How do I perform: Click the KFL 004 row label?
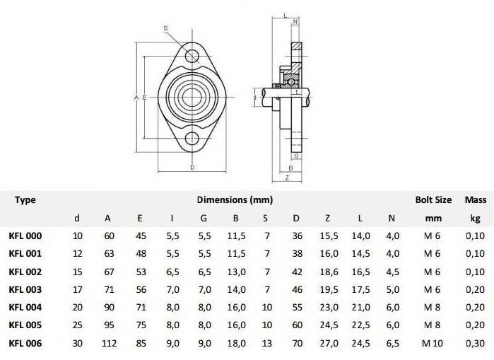coord(25,308)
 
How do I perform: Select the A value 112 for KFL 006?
coord(109,343)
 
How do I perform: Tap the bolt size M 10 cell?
coord(433,343)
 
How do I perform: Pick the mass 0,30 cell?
coord(475,343)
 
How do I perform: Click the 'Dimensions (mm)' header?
coord(235,200)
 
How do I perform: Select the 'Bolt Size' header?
coord(433,200)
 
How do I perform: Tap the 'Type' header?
coord(25,200)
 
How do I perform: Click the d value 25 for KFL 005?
coord(78,325)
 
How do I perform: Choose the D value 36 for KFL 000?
coord(297,236)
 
